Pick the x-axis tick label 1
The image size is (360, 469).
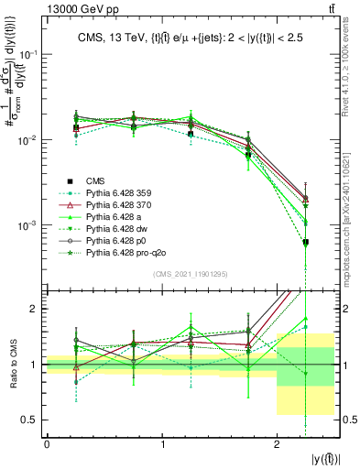[162, 444]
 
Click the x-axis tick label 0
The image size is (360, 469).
[47, 444]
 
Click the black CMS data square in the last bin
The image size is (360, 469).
[305, 242]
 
